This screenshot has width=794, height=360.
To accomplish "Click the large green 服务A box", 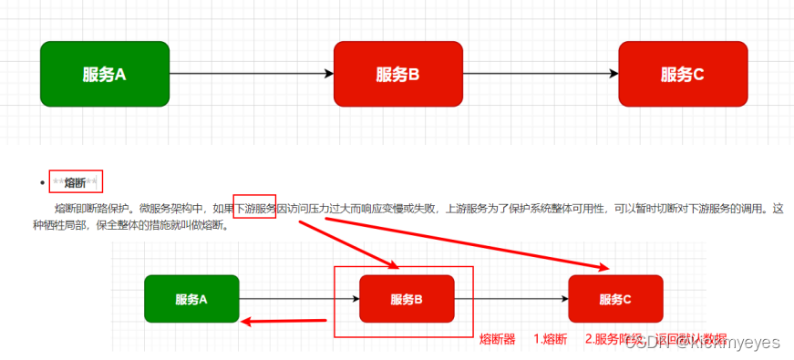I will click(x=105, y=73).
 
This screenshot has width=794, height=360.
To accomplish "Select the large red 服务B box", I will click(x=398, y=73).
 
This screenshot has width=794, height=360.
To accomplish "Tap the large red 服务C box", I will click(x=683, y=73).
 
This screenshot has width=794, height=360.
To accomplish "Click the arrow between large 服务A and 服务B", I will click(x=251, y=74).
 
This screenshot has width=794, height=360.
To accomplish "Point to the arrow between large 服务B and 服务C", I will click(x=541, y=74).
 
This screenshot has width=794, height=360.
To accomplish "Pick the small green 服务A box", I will click(x=191, y=299).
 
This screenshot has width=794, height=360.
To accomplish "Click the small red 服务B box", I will click(x=407, y=299).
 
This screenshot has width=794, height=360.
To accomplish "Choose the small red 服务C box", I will click(x=615, y=299).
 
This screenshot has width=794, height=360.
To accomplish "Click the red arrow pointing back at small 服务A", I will click(x=284, y=320).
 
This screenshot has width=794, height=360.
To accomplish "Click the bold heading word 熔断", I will click(x=76, y=182).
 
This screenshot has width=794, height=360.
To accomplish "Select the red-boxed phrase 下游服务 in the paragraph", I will click(x=255, y=209).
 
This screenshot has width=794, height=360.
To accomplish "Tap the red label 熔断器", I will click(x=498, y=339).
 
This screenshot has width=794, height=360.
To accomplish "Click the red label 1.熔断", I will click(x=550, y=339).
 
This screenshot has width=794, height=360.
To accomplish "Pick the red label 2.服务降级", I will click(x=615, y=339).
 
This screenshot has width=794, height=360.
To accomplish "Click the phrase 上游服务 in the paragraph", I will click(x=466, y=209).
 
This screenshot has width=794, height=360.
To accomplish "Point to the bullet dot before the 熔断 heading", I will click(x=42, y=183).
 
